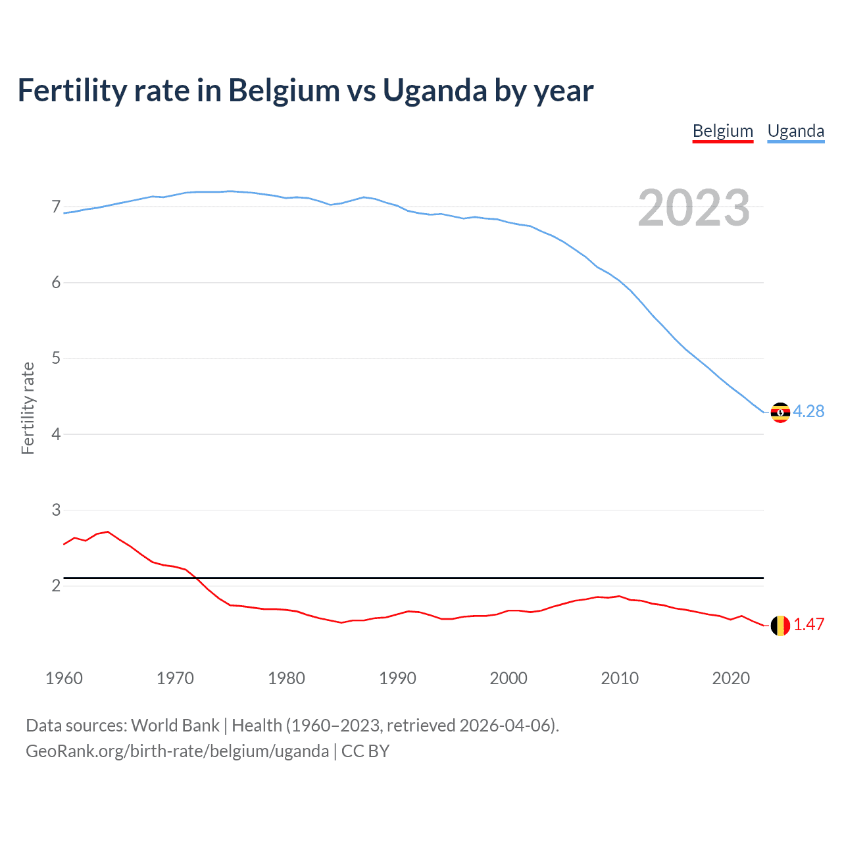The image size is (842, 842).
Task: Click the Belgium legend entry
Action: [722, 131]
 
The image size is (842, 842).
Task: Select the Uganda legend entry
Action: [795, 131]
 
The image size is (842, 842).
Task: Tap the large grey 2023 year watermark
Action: [693, 208]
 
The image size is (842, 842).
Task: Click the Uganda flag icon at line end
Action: [780, 412]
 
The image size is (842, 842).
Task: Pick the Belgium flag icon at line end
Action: [780, 626]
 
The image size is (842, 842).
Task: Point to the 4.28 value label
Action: [808, 411]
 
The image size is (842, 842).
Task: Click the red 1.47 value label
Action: [808, 624]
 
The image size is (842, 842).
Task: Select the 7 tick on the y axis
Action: [56, 207]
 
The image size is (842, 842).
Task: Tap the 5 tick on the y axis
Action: [56, 359]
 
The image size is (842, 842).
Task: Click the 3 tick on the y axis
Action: [56, 510]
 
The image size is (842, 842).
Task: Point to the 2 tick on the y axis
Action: [56, 585]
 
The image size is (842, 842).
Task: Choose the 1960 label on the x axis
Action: [64, 678]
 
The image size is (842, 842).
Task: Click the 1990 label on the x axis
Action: [397, 678]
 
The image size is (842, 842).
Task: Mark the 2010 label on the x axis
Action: [620, 678]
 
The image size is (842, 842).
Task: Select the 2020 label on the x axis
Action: [731, 678]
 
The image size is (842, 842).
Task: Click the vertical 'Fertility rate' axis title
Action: [28, 408]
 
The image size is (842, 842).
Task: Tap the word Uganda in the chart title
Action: [435, 90]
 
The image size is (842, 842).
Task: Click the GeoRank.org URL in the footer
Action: [177, 751]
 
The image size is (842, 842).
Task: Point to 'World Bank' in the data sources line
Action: [175, 726]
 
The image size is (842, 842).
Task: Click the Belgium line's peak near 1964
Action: [108, 532]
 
